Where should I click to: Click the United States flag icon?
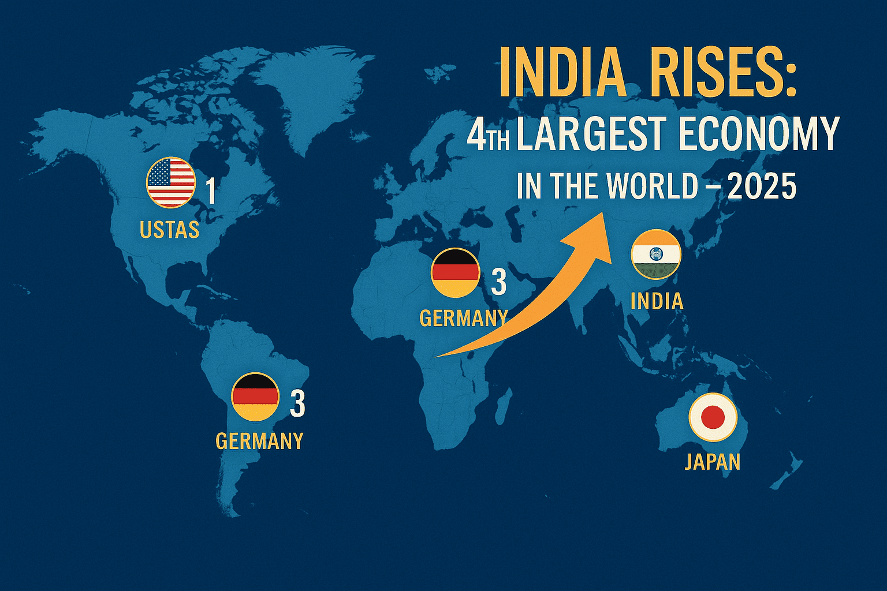(x=170, y=182)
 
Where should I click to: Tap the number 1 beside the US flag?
(x=211, y=192)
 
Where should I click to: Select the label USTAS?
(x=169, y=230)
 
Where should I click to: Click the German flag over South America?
(x=255, y=397)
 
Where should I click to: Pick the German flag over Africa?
(x=455, y=272)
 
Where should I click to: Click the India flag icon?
(x=657, y=255)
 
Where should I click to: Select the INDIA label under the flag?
(x=657, y=301)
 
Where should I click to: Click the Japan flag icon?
(x=713, y=417)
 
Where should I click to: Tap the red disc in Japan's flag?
(x=713, y=417)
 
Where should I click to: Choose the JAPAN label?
(x=712, y=462)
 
